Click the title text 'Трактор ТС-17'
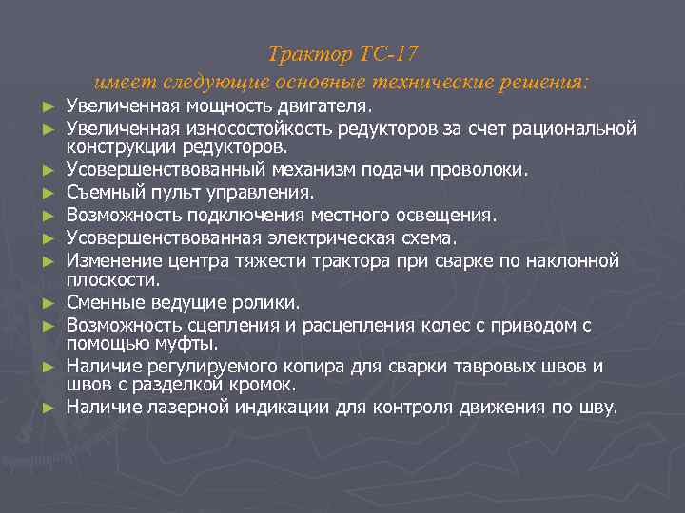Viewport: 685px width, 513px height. click(x=342, y=53)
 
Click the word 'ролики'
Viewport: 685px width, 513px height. click(x=268, y=303)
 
